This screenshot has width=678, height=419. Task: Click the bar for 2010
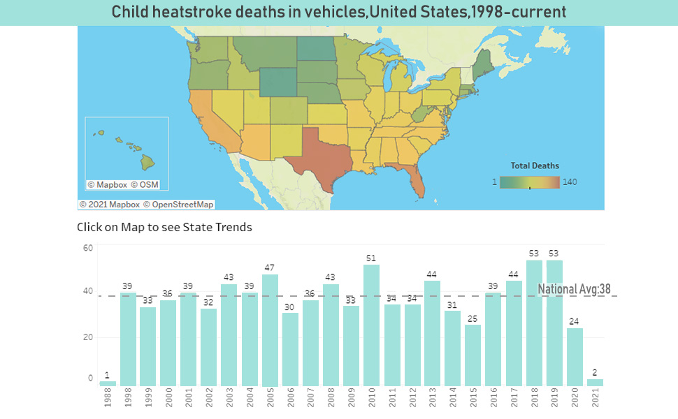[x=371, y=325]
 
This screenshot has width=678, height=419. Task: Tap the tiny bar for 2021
[x=595, y=383]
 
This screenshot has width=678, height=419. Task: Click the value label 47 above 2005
[x=270, y=267]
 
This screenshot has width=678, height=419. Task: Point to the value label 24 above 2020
[x=574, y=321]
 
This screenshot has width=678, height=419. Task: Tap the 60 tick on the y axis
[x=87, y=248]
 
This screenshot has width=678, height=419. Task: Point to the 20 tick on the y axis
[x=87, y=337]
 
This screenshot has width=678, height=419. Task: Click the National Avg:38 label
[x=578, y=289]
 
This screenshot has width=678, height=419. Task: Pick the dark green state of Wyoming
[x=278, y=82]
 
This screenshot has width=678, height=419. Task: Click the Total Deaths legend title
[x=535, y=166]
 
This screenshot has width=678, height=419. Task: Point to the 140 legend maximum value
[x=570, y=182]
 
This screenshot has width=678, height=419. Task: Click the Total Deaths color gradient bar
[x=530, y=182]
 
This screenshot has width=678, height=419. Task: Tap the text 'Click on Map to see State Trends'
[x=164, y=227]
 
